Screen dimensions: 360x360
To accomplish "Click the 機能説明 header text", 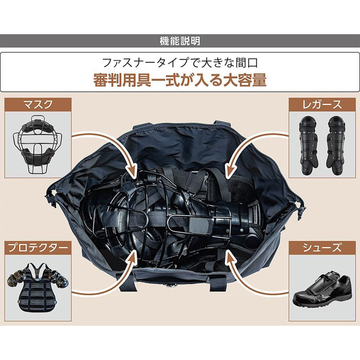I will click(x=180, y=41).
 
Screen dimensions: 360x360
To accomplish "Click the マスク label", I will click(x=38, y=104).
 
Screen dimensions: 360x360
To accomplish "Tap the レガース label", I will click(x=322, y=104).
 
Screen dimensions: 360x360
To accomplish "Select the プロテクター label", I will click(x=38, y=247).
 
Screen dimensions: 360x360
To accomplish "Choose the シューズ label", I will click(x=322, y=247).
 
